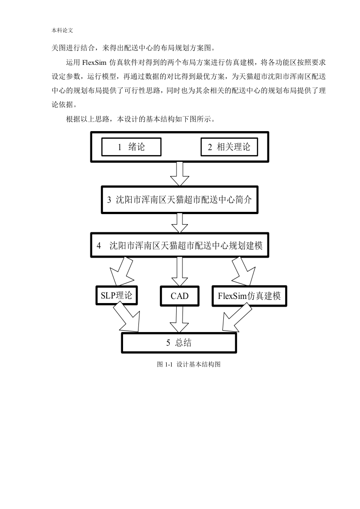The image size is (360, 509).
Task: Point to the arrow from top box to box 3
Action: point(180,174)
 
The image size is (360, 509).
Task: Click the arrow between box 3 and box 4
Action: point(180,223)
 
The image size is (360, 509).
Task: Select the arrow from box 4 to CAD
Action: point(180,272)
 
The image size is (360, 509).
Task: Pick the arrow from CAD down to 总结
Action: point(179,319)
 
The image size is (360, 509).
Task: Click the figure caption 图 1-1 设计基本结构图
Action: point(189,364)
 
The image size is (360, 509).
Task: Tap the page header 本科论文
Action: point(62,30)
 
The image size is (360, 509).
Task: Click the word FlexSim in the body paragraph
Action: point(94,62)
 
